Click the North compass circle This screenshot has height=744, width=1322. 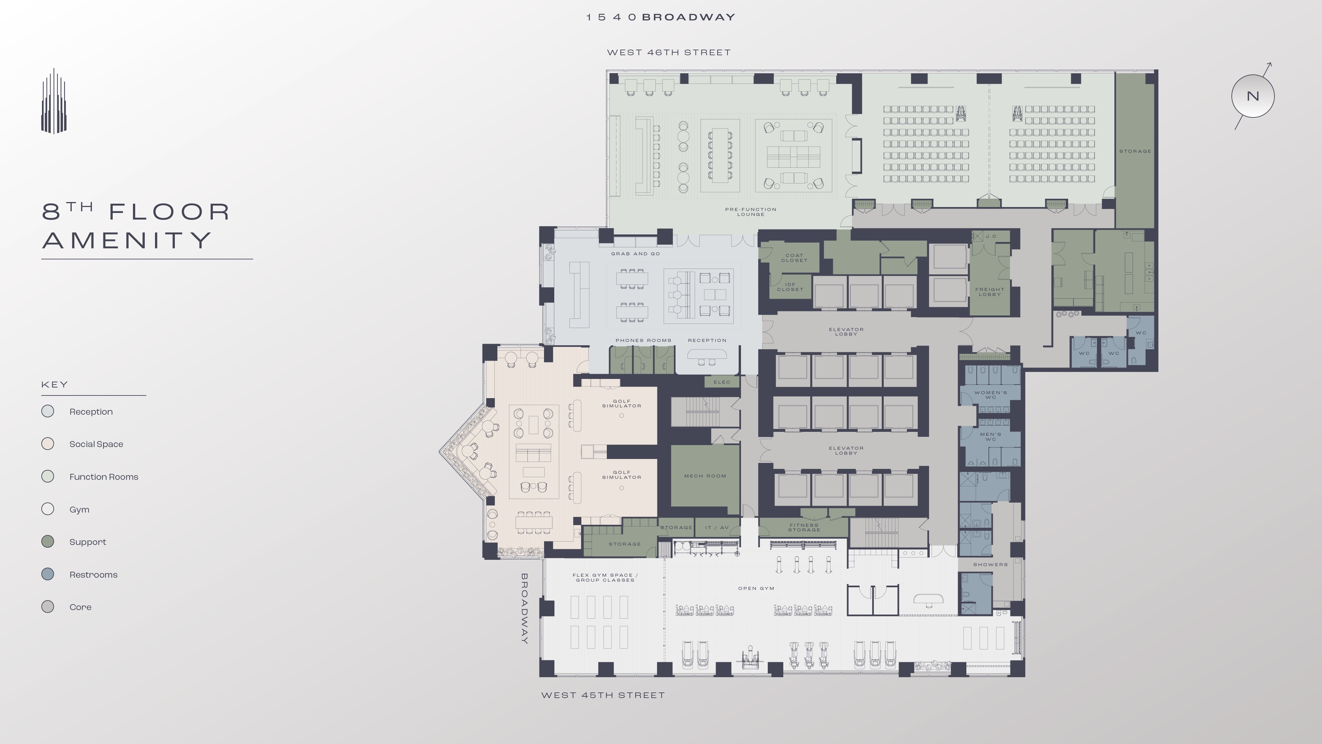[x=1252, y=96]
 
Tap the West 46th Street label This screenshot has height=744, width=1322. [x=668, y=52]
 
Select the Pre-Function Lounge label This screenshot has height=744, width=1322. [x=750, y=212]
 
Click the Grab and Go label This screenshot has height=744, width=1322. [x=635, y=254]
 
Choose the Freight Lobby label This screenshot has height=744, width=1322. [x=990, y=292]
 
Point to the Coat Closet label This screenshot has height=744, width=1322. [x=794, y=258]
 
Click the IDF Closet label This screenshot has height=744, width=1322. [x=790, y=286]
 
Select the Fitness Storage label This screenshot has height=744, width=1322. [x=804, y=527]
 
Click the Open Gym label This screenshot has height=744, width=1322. [x=756, y=589]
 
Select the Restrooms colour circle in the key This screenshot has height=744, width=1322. [x=48, y=574]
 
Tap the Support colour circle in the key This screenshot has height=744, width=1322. [x=48, y=541]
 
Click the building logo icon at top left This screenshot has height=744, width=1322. [x=54, y=101]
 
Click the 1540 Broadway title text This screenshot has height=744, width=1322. [x=661, y=17]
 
